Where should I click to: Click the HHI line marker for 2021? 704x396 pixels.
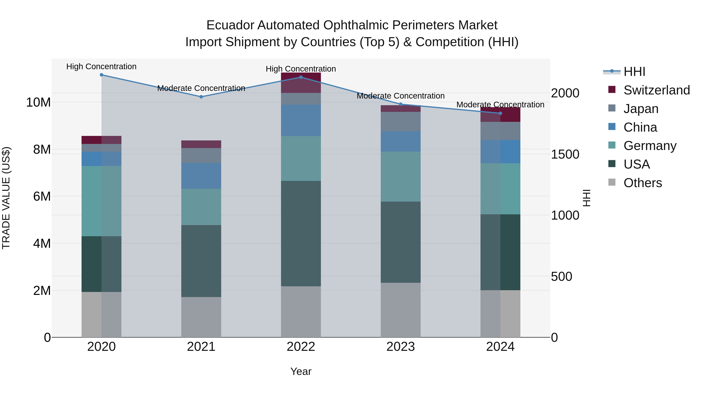coord(201,97)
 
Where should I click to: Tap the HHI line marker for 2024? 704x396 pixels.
coord(500,113)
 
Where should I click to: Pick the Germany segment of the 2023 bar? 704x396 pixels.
coord(401,177)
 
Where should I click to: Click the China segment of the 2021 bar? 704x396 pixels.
coord(201,176)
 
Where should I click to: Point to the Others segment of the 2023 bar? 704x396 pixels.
coord(401,310)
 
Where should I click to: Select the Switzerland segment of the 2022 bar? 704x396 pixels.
coord(301,83)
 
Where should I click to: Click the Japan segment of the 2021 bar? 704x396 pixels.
coord(201,155)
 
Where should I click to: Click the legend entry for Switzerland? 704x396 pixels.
coord(656,90)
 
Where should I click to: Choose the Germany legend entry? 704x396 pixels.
coord(650,146)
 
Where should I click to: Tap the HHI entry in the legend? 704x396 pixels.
coord(634,72)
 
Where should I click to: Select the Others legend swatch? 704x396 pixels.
coord(612,182)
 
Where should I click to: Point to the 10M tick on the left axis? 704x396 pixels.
coord(38,102)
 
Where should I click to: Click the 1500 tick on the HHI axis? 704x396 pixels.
coord(565,154)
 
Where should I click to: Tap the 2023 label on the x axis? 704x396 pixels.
coord(401,347)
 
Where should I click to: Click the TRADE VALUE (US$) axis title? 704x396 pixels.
coord(6,198)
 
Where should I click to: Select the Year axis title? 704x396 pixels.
coord(301,371)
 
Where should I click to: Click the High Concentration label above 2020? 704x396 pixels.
coord(101,66)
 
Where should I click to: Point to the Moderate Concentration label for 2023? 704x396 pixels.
coord(401,96)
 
